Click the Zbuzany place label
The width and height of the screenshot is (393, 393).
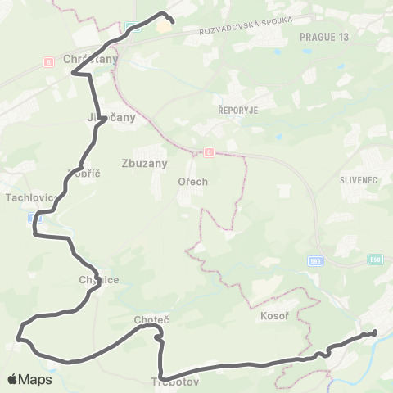click(143, 163)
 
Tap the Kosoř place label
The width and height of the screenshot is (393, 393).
click(273, 315)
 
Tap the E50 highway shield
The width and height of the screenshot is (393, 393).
click(374, 259)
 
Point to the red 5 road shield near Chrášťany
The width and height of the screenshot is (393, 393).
click(48, 61)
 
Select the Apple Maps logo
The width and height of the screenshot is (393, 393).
click(29, 379)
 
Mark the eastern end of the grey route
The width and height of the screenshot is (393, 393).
click(374, 332)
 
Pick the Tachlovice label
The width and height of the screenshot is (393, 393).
click(29, 197)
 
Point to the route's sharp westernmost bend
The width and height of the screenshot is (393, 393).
click(18, 336)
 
